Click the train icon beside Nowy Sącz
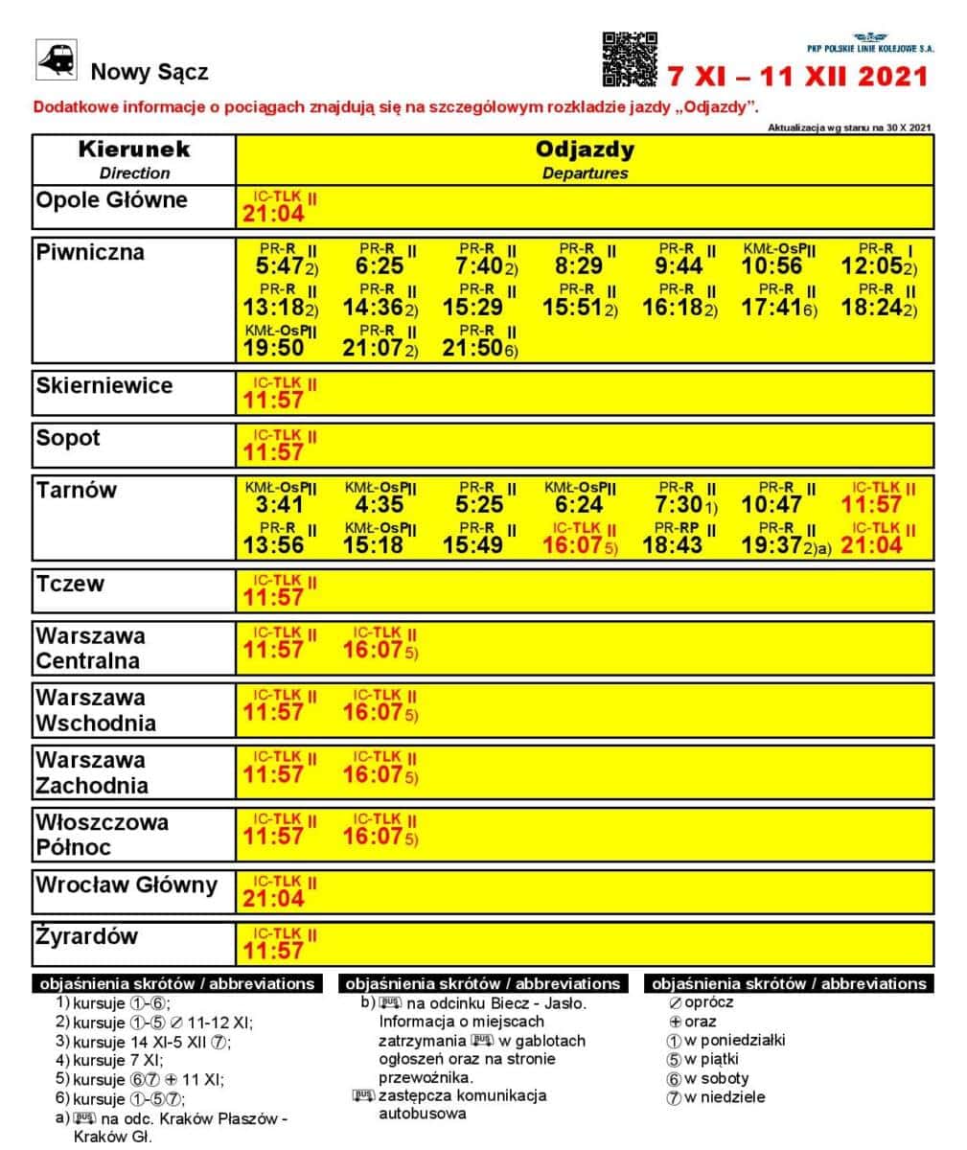[56, 59]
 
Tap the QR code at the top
[630, 59]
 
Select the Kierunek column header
[134, 159]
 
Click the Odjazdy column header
[585, 159]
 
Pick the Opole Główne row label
[111, 200]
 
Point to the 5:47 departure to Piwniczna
[280, 265]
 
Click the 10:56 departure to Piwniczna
[771, 265]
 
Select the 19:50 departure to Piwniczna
[274, 348]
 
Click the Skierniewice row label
[104, 386]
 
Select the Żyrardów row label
[87, 936]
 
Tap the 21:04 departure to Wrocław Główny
[274, 898]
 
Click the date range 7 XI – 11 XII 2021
[798, 77]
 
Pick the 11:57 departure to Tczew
[274, 597]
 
